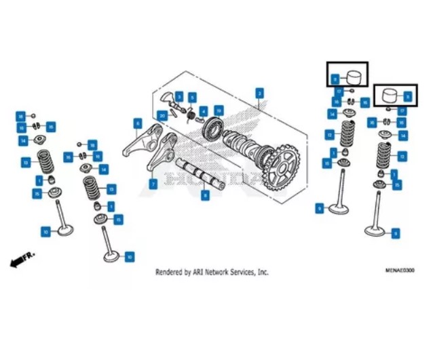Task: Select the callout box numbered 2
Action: pyautogui.click(x=259, y=92)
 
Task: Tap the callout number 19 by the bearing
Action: pyautogui.click(x=218, y=110)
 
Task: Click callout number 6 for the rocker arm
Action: pyautogui.click(x=138, y=123)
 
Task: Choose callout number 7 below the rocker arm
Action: pyautogui.click(x=153, y=184)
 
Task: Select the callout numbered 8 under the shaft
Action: pyautogui.click(x=206, y=195)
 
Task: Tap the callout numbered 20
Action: pyautogui.click(x=162, y=116)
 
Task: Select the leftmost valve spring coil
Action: pyautogui.click(x=45, y=162)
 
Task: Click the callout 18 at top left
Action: pyautogui.click(x=21, y=116)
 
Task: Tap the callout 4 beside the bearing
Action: pyautogui.click(x=204, y=111)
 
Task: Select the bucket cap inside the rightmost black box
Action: pyautogui.click(x=390, y=94)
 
